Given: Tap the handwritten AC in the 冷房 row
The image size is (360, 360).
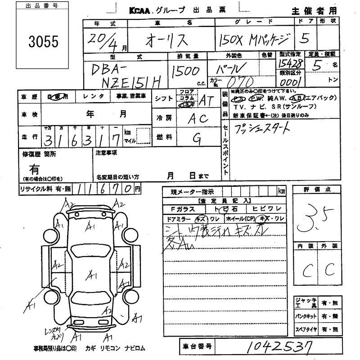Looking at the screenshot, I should click(197, 118).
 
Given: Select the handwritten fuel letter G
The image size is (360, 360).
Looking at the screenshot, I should click(196, 139).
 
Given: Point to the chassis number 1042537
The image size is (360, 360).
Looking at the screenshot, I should click(274, 347).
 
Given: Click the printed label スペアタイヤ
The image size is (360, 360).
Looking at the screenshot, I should click(306, 330).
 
